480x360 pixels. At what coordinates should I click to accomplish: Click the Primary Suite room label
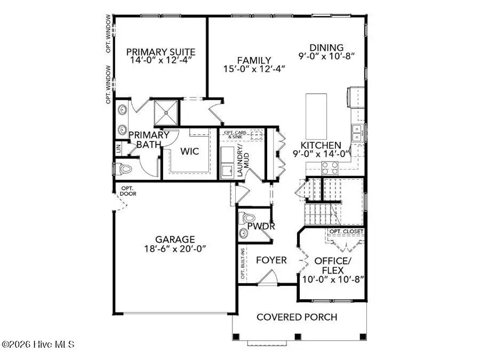pyautogui.click(x=161, y=52)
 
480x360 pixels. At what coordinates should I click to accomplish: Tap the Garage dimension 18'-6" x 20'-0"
pyautogui.click(x=175, y=249)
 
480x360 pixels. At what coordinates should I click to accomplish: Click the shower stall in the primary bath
pyautogui.click(x=166, y=113)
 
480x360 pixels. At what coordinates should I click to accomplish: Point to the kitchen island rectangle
pyautogui.click(x=316, y=116)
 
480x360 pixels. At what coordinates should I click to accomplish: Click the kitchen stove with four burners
pyautogui.click(x=330, y=168)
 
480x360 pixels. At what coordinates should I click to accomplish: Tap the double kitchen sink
pyautogui.click(x=357, y=133)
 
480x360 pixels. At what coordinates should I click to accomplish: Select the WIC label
pyautogui.click(x=189, y=151)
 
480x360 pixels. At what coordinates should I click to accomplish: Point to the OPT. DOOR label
pyautogui.click(x=128, y=191)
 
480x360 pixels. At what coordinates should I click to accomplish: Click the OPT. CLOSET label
pyautogui.click(x=346, y=231)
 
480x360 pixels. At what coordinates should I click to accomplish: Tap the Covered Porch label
pyautogui.click(x=297, y=317)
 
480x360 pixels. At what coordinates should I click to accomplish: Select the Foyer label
pyautogui.click(x=271, y=260)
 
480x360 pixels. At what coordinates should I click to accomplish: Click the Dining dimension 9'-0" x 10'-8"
pyautogui.click(x=326, y=56)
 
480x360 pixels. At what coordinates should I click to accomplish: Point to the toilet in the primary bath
pyautogui.click(x=123, y=169)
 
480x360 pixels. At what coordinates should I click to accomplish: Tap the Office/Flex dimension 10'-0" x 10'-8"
pyautogui.click(x=333, y=279)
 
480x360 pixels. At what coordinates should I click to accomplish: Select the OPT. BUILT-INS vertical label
pyautogui.click(x=243, y=263)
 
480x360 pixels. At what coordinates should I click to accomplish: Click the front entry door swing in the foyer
pyautogui.click(x=267, y=277)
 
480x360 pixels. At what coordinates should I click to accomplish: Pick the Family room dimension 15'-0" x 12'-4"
pyautogui.click(x=254, y=69)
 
